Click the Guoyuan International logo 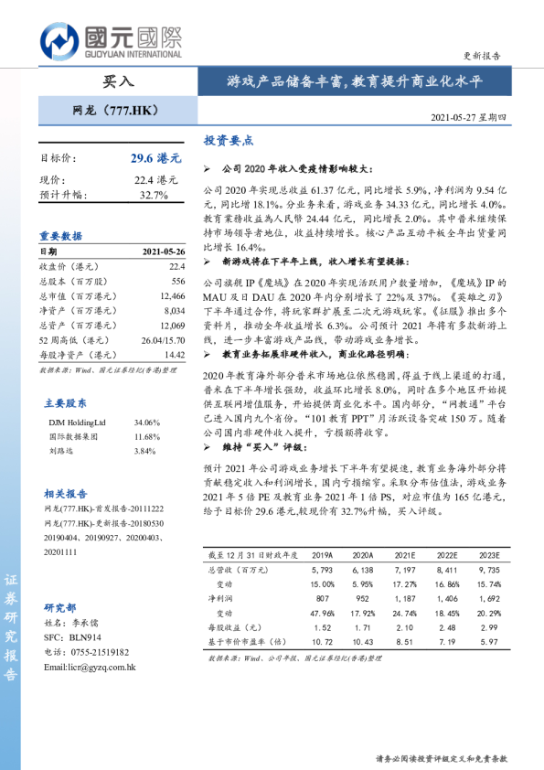point(111,40)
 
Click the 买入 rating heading point(118,80)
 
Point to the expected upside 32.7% point(154,195)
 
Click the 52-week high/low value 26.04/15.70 point(163,340)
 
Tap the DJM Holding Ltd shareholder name point(77,422)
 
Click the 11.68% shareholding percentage point(146,437)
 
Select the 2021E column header point(404,555)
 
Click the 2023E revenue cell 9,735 point(488,569)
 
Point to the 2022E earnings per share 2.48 point(446,628)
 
